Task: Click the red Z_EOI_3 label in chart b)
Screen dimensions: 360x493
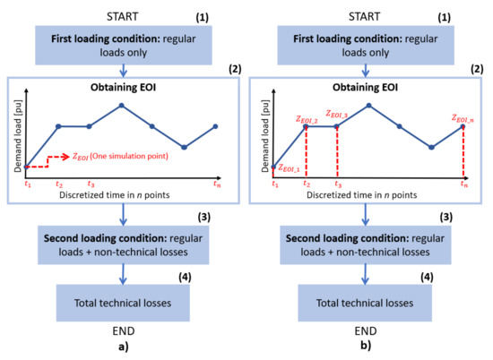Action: [338, 115]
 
